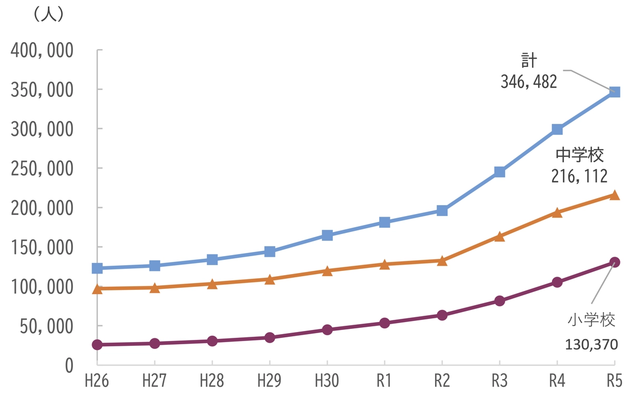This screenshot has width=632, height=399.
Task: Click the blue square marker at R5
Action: click(x=614, y=92)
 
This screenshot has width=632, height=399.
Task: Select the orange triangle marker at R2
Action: click(x=442, y=260)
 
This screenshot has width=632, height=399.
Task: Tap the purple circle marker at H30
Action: click(x=327, y=330)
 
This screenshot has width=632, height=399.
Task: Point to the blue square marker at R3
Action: click(x=500, y=172)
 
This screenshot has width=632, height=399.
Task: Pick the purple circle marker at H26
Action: click(x=97, y=345)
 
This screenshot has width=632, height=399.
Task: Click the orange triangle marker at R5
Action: click(x=614, y=195)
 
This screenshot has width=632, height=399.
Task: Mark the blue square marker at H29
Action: click(x=270, y=251)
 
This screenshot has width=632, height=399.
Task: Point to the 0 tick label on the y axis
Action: click(x=70, y=365)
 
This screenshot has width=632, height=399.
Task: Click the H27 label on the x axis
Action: click(x=154, y=381)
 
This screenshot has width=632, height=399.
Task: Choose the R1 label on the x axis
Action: click(x=384, y=381)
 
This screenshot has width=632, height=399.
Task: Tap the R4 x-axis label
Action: click(x=557, y=381)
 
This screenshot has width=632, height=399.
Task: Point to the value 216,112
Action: click(x=579, y=176)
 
